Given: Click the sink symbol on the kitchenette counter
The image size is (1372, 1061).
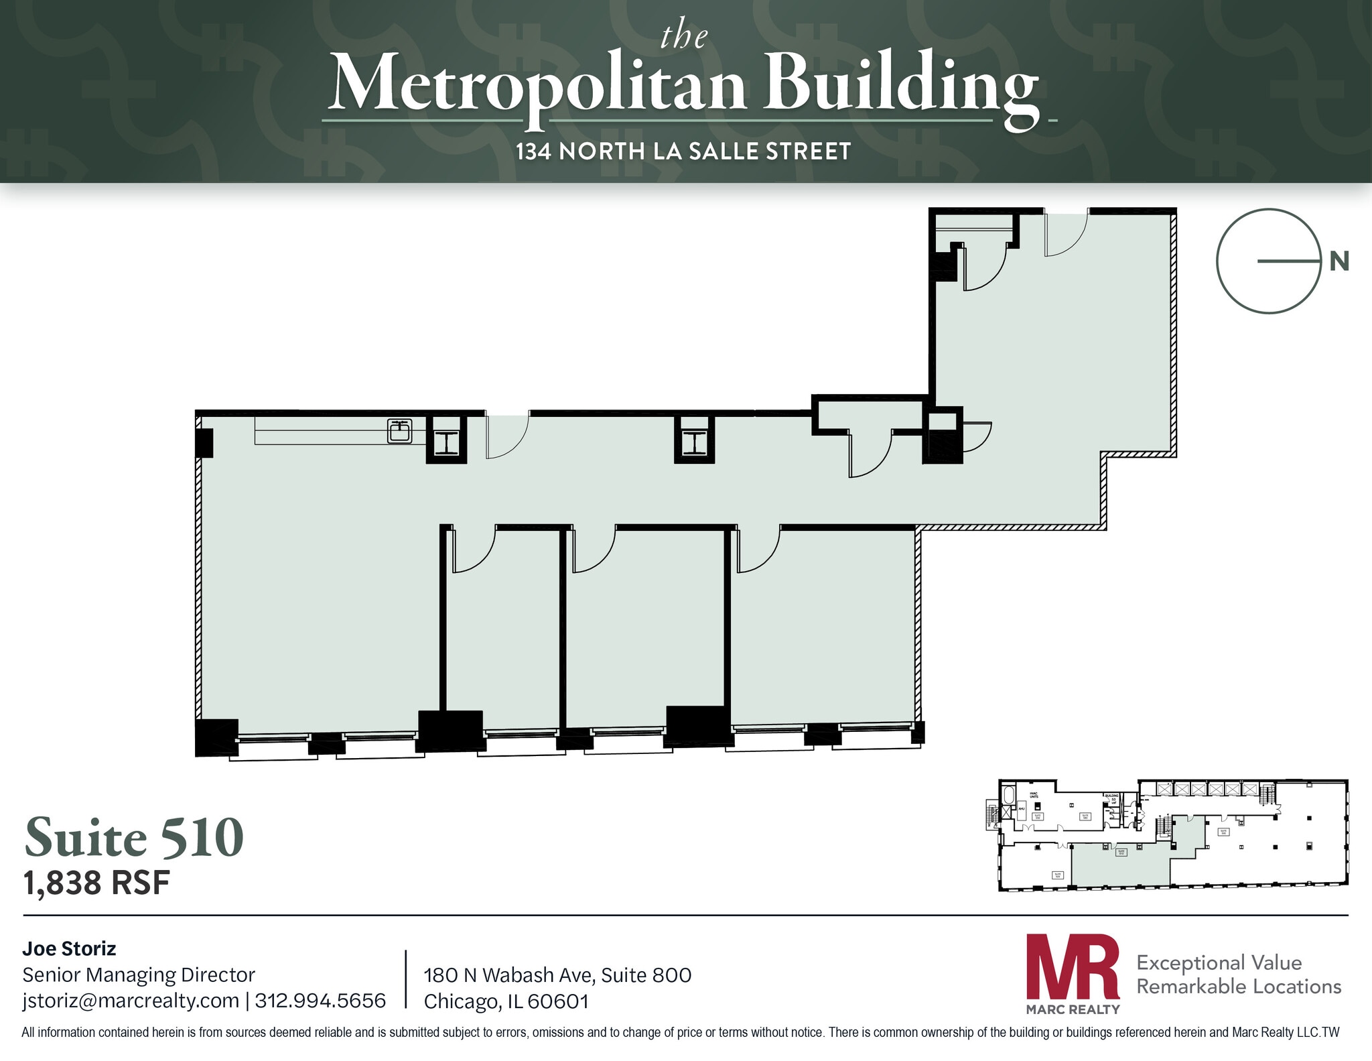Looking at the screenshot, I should click(x=400, y=431).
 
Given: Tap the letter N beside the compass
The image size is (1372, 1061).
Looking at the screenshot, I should click(x=1339, y=261).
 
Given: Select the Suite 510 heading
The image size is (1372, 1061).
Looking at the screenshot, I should click(x=134, y=837).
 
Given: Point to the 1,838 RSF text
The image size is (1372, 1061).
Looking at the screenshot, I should click(x=96, y=883).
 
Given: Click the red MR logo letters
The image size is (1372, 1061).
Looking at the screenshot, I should click(x=1073, y=968).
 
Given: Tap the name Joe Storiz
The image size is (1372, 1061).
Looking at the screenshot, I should click(x=69, y=948).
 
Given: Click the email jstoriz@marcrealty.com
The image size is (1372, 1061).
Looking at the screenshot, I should click(x=131, y=1001).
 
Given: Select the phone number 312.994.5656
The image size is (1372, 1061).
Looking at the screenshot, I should click(x=320, y=1001).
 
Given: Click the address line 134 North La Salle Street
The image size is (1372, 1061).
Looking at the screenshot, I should click(x=683, y=151).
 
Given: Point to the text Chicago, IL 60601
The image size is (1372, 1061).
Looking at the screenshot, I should click(x=506, y=1001).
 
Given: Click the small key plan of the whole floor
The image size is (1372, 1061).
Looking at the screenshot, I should click(x=1172, y=835).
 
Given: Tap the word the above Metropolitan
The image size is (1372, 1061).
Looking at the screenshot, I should click(x=683, y=36).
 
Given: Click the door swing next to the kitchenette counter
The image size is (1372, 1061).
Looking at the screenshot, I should click(x=506, y=436).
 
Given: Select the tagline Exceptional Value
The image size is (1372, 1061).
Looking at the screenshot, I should click(x=1219, y=962).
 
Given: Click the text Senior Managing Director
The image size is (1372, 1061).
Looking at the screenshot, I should click(x=139, y=975).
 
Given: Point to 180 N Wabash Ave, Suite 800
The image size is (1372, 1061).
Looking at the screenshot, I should click(x=557, y=975).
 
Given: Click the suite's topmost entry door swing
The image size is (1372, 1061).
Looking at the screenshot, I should click(x=1065, y=234).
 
